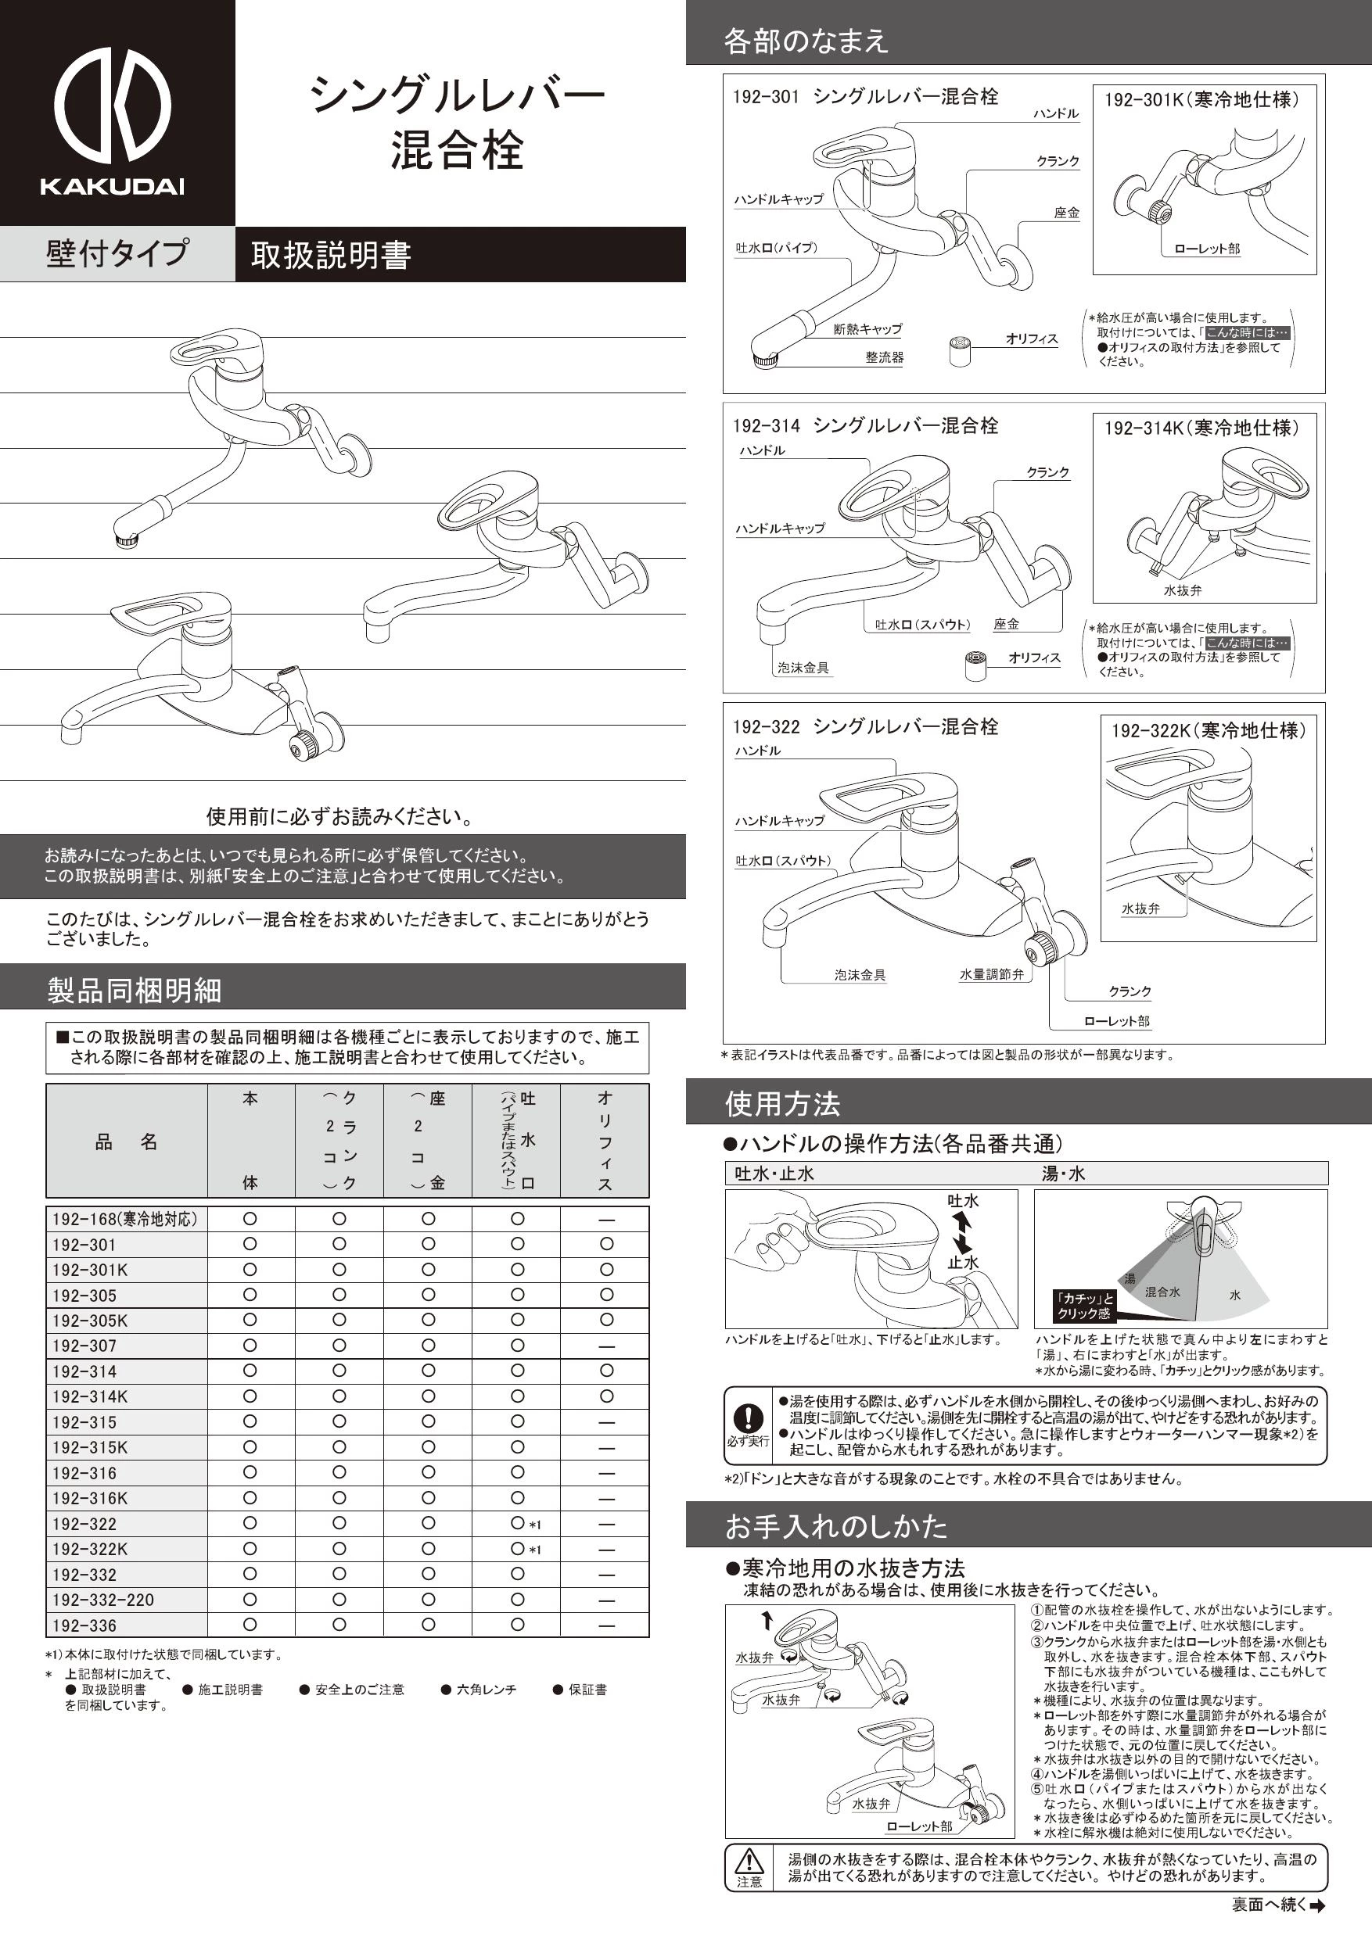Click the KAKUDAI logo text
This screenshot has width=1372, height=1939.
(113, 187)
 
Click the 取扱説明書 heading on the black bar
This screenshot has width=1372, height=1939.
(330, 255)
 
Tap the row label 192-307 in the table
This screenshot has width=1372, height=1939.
(84, 1346)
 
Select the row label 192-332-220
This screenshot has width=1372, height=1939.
(103, 1600)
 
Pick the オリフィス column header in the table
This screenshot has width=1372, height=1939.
(605, 1140)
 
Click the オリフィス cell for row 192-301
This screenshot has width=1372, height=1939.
(605, 1244)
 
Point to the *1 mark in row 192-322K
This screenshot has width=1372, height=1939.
(535, 1550)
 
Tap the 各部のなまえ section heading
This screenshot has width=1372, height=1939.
(805, 41)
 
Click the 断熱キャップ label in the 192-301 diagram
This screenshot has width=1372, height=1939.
(867, 329)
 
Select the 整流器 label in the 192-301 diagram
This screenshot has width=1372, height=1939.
(884, 357)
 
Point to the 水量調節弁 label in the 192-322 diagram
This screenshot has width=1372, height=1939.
(991, 974)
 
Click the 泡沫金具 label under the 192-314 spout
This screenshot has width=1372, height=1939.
(803, 668)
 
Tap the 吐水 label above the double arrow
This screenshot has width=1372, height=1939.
(962, 1201)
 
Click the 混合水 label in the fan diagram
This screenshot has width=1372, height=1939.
(1162, 1292)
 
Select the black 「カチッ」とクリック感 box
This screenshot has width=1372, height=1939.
(1085, 1306)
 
